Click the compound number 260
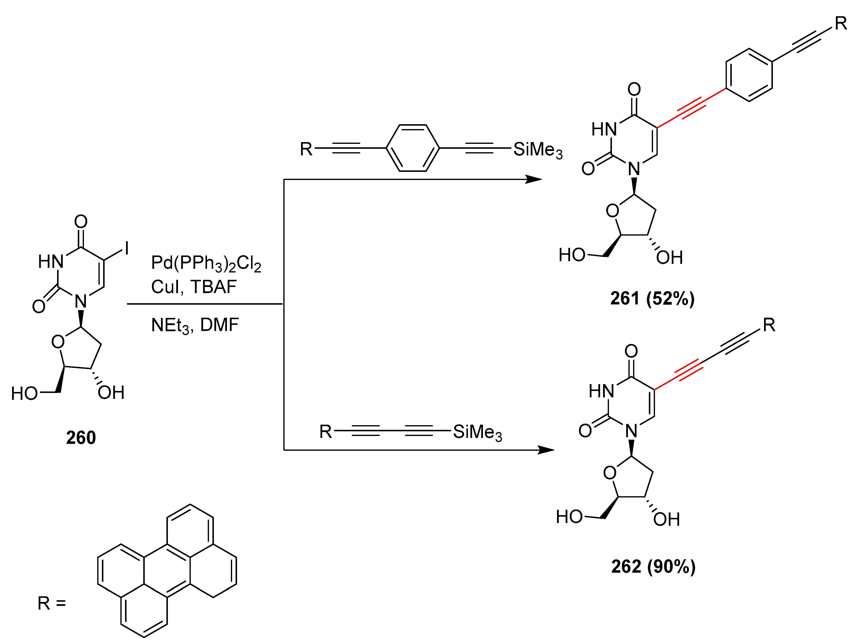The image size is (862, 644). (81, 438)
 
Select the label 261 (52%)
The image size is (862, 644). (652, 299)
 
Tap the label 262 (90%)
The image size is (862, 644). (653, 567)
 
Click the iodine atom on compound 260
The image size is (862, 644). (127, 248)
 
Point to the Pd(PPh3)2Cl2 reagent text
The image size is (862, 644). (206, 264)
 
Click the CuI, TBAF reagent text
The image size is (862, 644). (194, 287)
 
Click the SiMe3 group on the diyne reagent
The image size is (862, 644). (477, 432)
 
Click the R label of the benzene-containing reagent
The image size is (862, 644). (306, 149)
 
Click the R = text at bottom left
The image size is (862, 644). (51, 603)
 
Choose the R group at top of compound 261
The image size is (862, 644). (841, 24)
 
